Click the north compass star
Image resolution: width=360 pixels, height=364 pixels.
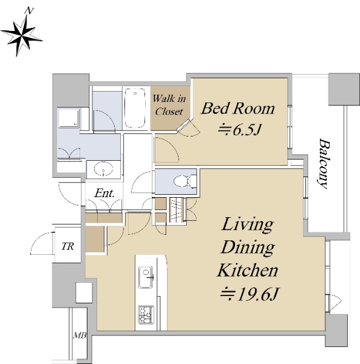tap(21, 36)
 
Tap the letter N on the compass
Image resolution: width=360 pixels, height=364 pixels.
tap(30, 10)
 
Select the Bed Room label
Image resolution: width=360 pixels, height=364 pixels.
tap(237, 109)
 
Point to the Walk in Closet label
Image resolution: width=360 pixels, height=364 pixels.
tap(169, 105)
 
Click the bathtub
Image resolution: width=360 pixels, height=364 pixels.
tap(135, 108)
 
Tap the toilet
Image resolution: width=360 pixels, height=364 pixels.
tap(185, 181)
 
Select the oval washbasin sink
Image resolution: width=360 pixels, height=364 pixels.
tap(103, 169)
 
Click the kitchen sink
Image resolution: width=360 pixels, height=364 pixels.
tap(146, 277)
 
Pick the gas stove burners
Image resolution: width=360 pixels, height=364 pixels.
tap(146, 315)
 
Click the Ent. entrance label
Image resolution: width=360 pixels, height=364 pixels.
tap(104, 193)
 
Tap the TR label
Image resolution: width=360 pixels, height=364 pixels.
tap(67, 246)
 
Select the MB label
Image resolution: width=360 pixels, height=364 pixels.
tap(80, 335)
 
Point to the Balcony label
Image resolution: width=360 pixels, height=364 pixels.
tap(324, 164)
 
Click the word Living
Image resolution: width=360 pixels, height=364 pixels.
tap(248, 224)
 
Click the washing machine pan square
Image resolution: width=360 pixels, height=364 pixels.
tap(69, 118)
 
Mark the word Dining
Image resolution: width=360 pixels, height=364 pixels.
tap(248, 248)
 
